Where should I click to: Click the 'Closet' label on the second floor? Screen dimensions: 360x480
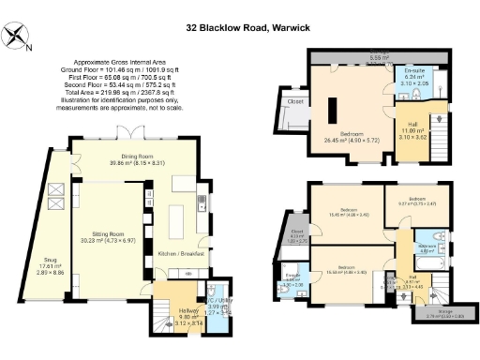295,101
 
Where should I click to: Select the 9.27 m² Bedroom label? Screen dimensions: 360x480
417,199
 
